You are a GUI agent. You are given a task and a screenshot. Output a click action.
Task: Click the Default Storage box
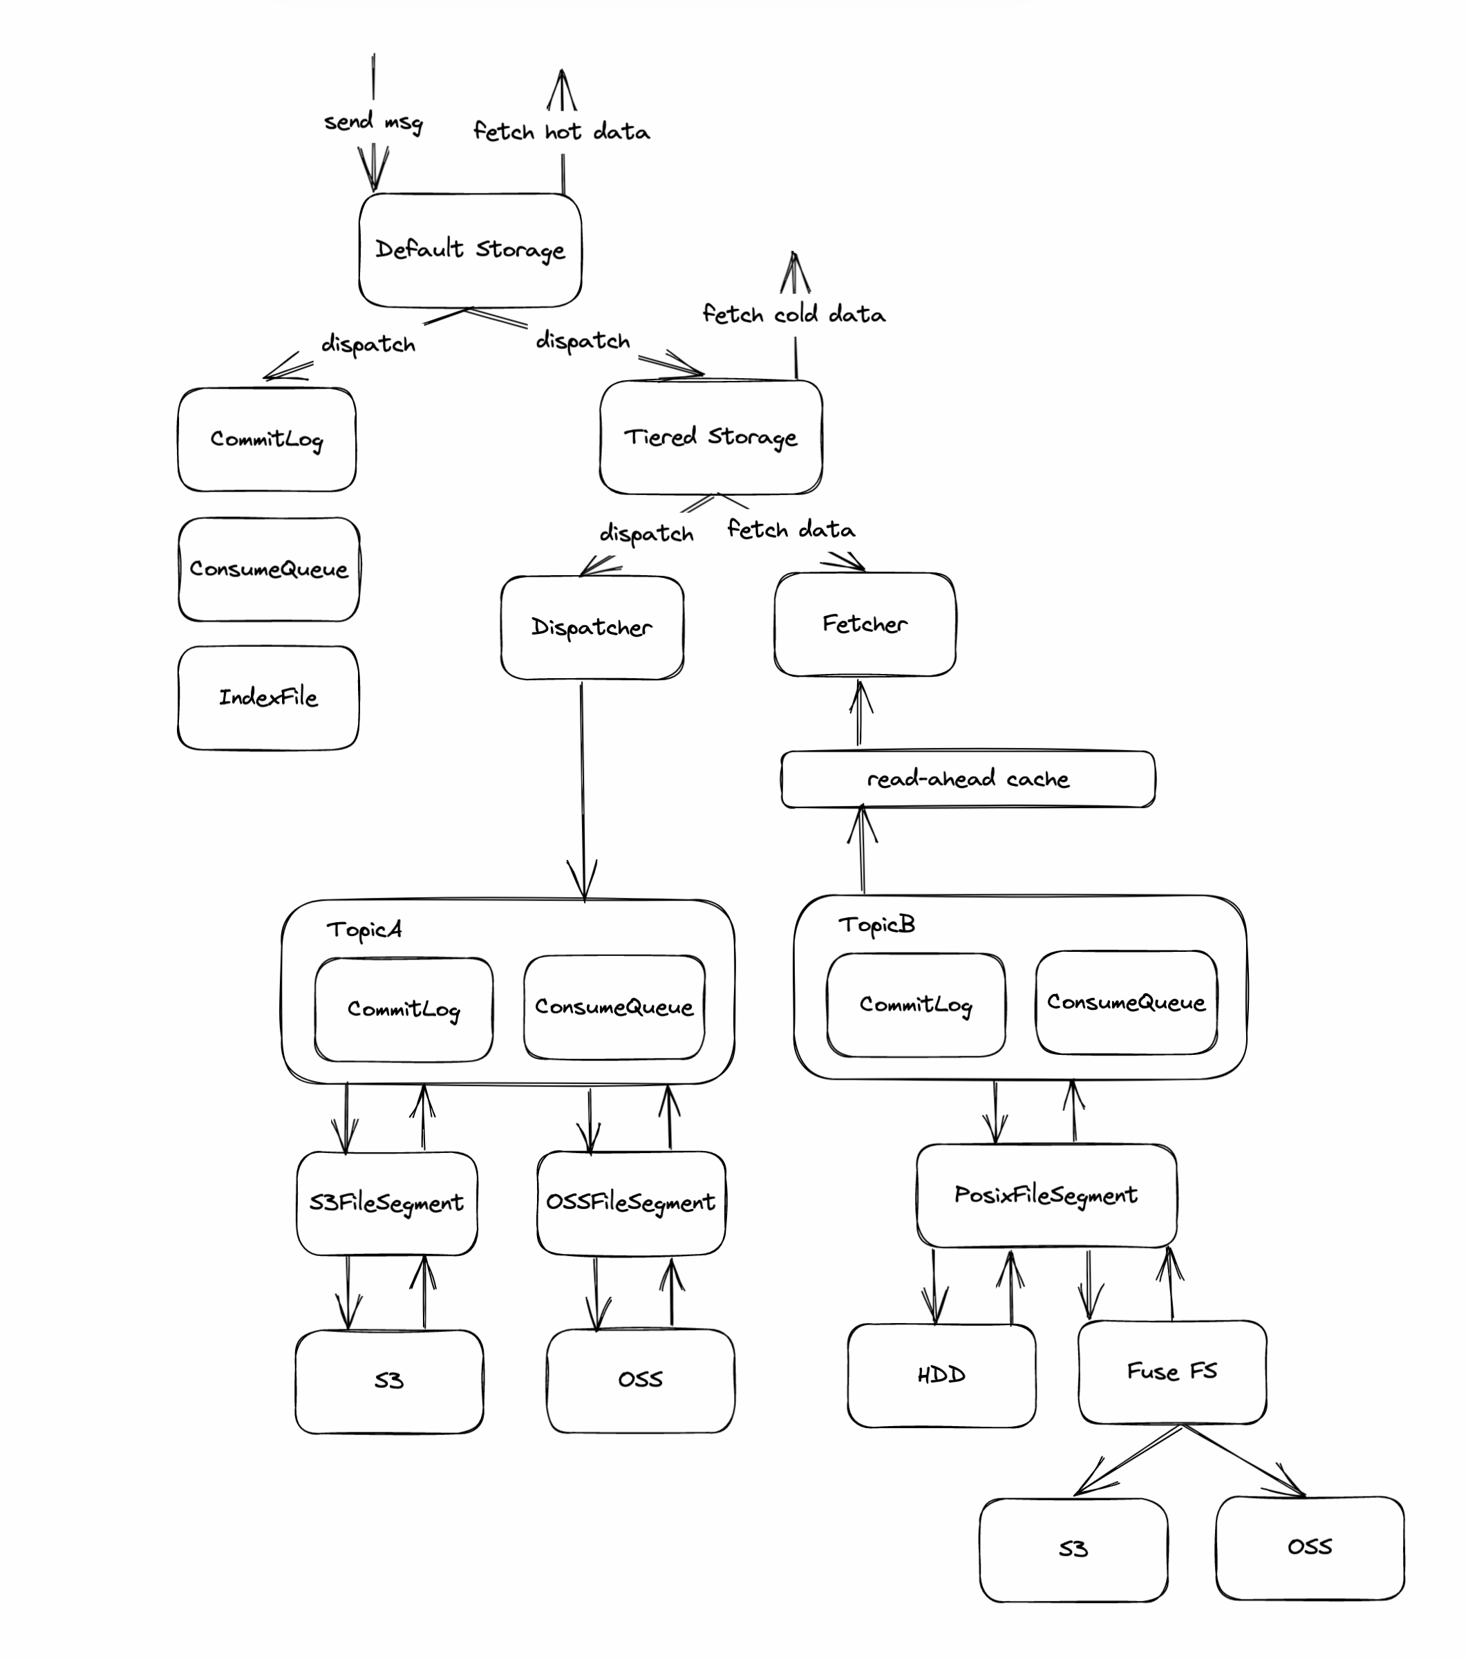click(470, 250)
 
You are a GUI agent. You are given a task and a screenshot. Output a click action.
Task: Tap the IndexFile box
click(267, 697)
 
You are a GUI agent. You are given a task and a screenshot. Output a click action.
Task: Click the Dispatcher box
click(592, 628)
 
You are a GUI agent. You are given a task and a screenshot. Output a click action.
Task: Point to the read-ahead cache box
click(968, 779)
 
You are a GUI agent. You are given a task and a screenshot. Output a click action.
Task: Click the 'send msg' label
click(373, 122)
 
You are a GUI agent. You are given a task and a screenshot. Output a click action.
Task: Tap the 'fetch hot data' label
click(561, 131)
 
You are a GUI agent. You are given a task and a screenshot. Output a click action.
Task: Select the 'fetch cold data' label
click(793, 314)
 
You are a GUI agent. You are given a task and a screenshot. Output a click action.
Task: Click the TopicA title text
click(364, 928)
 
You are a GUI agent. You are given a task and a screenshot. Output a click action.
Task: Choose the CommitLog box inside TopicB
click(915, 1005)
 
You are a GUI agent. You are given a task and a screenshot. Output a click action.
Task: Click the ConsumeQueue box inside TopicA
click(614, 1007)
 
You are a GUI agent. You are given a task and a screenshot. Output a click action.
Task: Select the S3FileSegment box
click(386, 1203)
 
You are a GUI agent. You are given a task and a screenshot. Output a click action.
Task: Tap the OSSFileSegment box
click(630, 1202)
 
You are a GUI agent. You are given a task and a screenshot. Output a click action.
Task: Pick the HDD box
click(941, 1375)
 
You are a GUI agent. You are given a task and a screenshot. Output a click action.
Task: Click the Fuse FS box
click(1171, 1371)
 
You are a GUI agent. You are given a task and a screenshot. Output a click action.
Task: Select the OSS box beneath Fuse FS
click(1309, 1547)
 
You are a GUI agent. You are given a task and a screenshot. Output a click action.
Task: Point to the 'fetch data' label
click(791, 530)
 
